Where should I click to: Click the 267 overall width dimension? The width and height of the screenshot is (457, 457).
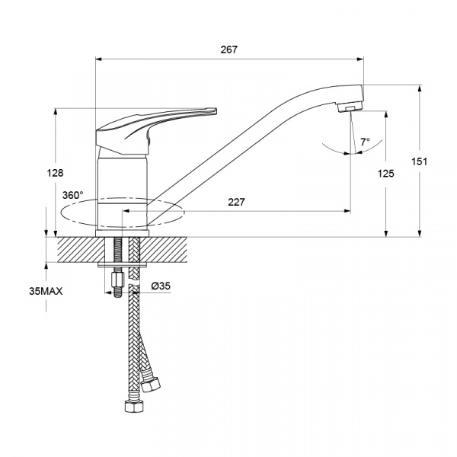coord(228,50)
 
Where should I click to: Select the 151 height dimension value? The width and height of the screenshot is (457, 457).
coord(419,161)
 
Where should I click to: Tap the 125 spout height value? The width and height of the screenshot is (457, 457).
coord(386,174)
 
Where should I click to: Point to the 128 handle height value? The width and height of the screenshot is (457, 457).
coord(55,173)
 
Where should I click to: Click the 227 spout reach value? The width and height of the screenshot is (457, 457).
coord(236,202)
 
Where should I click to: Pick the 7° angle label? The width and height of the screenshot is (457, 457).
coord(365,142)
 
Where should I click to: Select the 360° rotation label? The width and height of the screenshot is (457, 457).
coord(72,195)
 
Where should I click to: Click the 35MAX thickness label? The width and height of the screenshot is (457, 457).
coord(46,291)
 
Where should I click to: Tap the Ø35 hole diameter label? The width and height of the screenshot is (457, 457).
coord(161,286)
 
